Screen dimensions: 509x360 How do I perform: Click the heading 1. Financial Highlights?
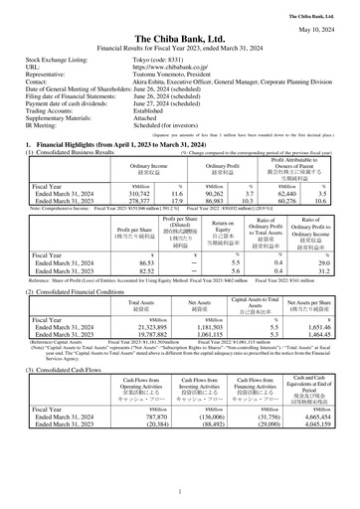point(90,143)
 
